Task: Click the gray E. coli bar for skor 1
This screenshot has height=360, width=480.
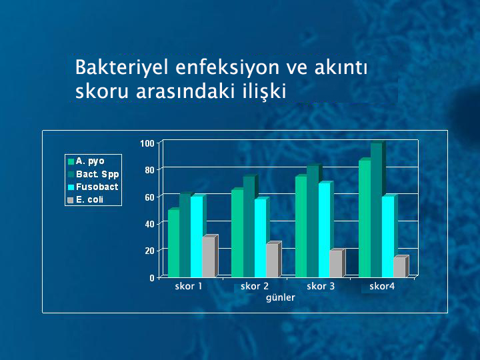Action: pos(209,257)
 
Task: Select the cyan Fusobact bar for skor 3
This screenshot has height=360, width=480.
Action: pos(324,230)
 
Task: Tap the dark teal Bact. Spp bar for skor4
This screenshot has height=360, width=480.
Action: pos(376,210)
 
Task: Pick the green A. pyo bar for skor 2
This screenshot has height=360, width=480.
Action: pos(237,233)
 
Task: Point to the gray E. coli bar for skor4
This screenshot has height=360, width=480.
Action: pos(399,267)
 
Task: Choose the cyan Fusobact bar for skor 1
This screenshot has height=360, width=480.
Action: pos(197,237)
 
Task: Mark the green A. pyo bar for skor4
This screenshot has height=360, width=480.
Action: pos(365,219)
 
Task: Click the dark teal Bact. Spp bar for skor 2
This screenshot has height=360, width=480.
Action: pos(249,227)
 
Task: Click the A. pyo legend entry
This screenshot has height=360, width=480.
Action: pos(86,161)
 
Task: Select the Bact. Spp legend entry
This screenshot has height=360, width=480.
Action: pos(93,174)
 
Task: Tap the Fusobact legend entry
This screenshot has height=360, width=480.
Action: pos(93,187)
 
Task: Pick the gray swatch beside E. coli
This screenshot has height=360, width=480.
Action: pos(71,200)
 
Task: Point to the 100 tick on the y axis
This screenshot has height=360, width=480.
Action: pos(147,143)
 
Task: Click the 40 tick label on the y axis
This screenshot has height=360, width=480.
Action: pos(149,224)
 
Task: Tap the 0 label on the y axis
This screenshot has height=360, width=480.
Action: pos(152,278)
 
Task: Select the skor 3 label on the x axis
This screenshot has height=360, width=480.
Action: pos(321,287)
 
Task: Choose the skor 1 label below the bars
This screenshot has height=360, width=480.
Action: pos(189,287)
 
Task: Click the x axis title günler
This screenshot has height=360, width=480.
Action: pos(281,297)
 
